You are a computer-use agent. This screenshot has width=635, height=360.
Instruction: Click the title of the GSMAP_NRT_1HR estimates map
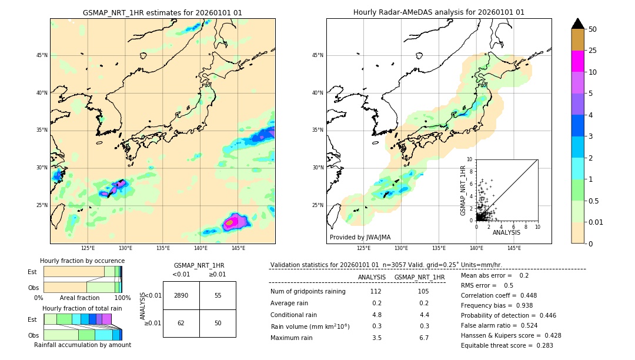162,12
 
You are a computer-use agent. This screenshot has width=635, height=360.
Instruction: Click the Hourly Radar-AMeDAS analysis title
439,12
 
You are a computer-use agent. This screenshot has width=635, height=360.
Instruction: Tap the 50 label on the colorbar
593,29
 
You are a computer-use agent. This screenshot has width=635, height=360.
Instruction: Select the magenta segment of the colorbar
577,61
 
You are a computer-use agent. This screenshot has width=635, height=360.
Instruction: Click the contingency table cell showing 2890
181,295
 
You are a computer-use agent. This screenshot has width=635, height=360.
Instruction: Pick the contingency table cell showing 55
218,295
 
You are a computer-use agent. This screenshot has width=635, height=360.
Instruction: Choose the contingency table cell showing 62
181,323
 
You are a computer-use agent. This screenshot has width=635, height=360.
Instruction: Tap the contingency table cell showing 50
218,323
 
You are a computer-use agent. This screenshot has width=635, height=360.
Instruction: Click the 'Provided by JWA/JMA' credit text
360,237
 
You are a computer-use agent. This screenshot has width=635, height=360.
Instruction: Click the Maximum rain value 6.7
423,338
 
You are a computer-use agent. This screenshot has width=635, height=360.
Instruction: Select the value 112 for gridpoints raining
376,292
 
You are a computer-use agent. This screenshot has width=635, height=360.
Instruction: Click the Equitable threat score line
507,345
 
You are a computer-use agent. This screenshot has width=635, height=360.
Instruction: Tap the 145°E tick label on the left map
238,248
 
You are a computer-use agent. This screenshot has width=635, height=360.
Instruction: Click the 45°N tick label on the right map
317,55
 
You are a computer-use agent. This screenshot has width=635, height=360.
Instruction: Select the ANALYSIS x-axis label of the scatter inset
506,232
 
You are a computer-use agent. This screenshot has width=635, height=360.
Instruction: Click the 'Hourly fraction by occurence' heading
82,261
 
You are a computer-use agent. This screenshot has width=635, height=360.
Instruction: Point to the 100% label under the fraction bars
122,298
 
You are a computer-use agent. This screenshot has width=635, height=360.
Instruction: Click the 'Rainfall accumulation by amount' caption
82,345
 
